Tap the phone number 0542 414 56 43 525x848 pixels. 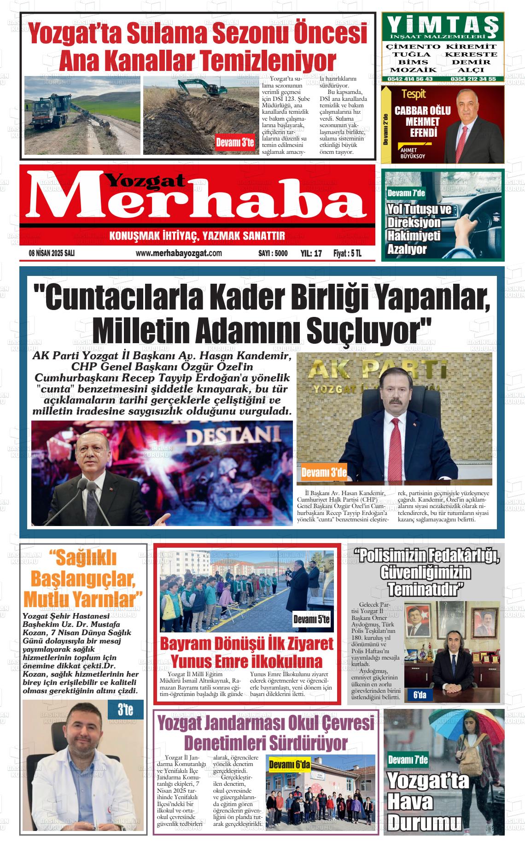(409, 79)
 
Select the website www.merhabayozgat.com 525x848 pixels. (179, 253)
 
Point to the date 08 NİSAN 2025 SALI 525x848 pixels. (52, 253)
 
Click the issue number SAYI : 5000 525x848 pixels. (273, 253)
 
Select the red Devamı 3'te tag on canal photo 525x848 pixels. (235, 143)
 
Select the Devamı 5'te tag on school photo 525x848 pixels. (312, 620)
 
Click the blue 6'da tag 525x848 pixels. (420, 695)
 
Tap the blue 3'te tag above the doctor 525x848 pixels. (125, 710)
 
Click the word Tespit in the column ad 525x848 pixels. (414, 94)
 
